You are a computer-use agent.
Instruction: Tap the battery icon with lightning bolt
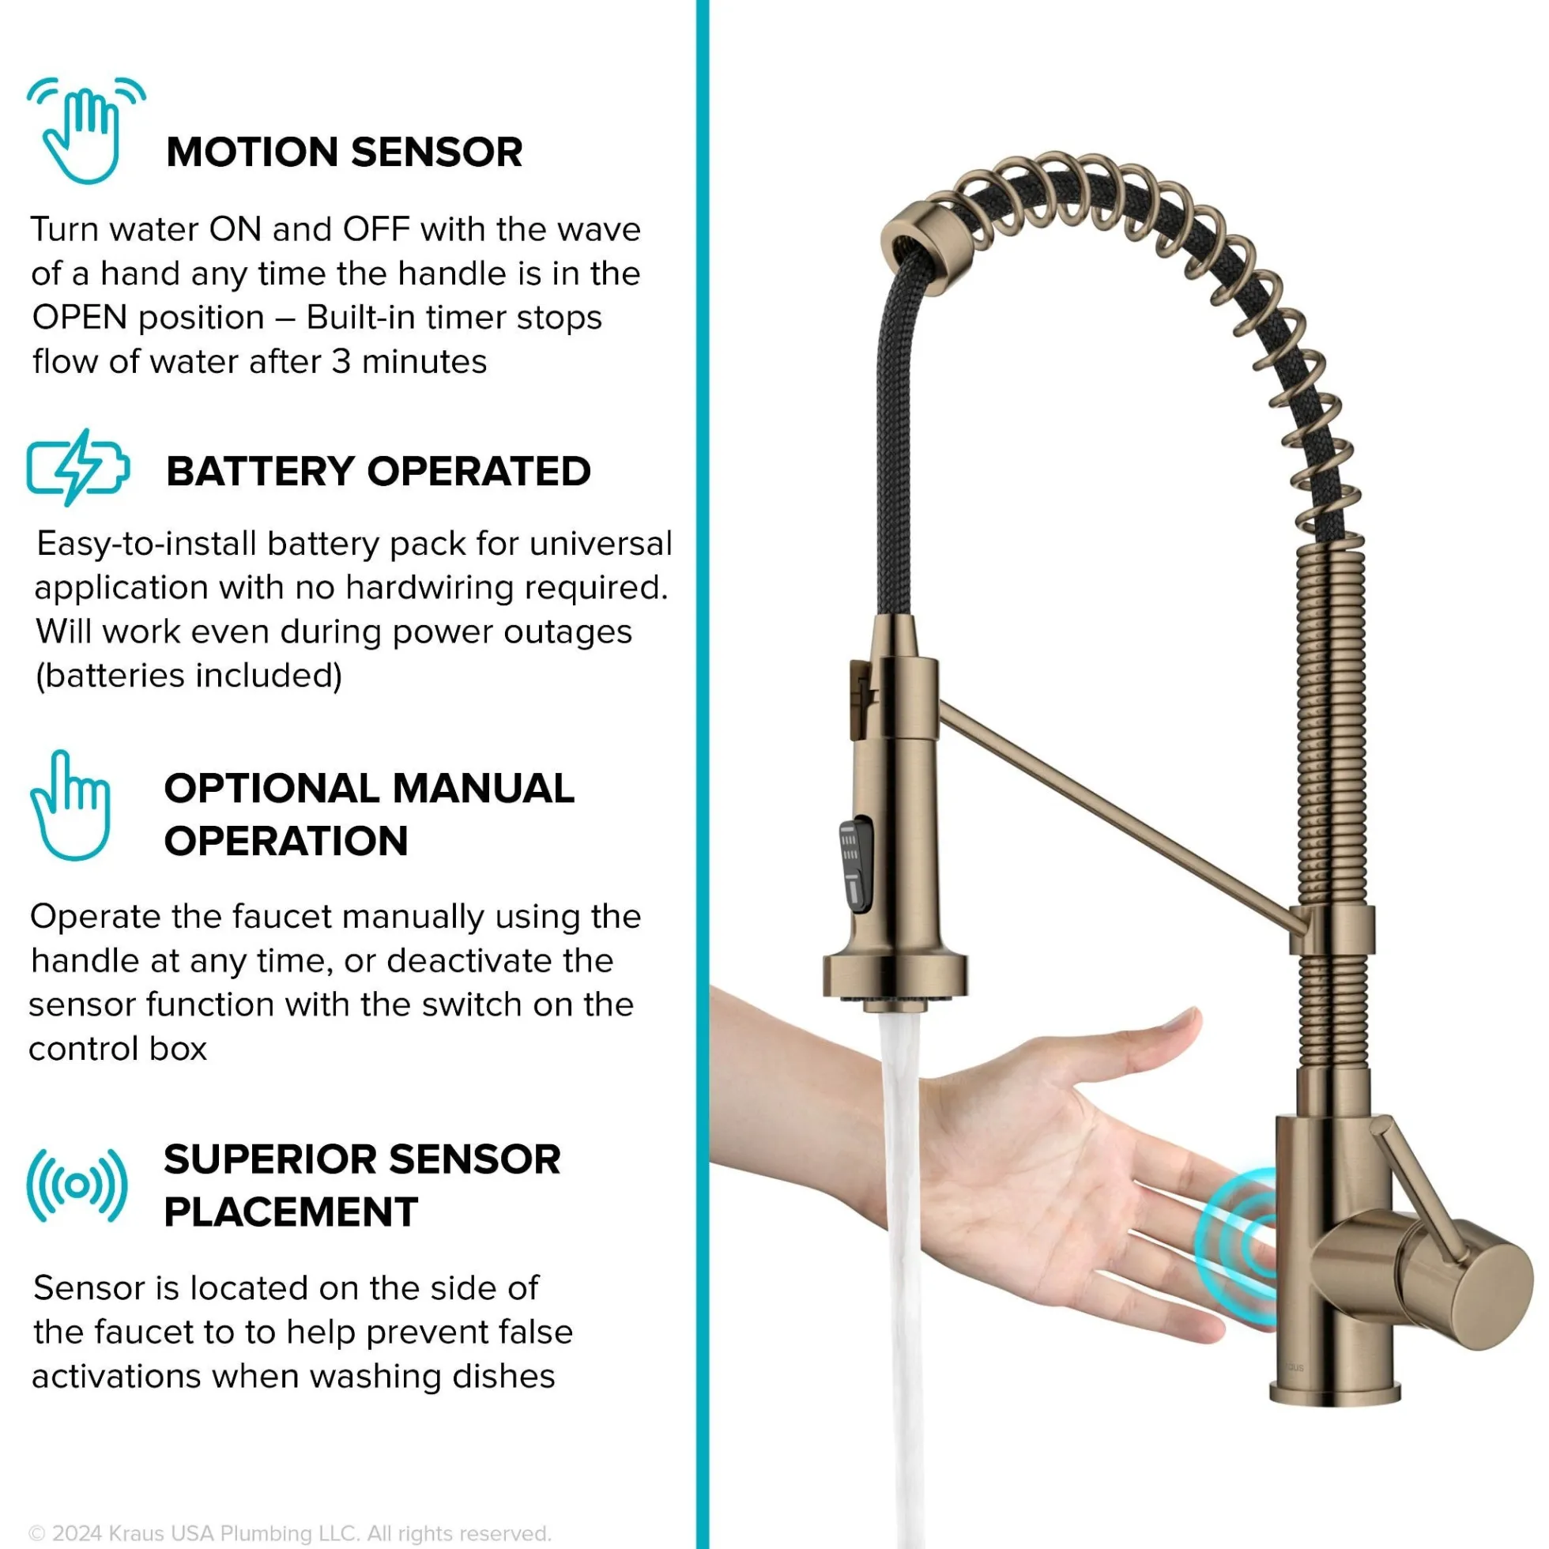(x=77, y=467)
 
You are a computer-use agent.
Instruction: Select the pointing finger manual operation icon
(x=70, y=805)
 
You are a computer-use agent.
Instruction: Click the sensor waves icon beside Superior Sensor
(x=77, y=1185)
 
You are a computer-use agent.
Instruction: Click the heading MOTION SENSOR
(x=344, y=152)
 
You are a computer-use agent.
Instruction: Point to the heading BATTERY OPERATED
(x=379, y=471)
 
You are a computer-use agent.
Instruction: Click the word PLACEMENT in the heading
(x=291, y=1212)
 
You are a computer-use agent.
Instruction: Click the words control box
(x=118, y=1049)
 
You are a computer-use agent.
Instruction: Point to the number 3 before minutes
(x=341, y=362)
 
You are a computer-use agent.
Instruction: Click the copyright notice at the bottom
(x=289, y=1511)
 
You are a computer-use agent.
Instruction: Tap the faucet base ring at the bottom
(x=1335, y=1393)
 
